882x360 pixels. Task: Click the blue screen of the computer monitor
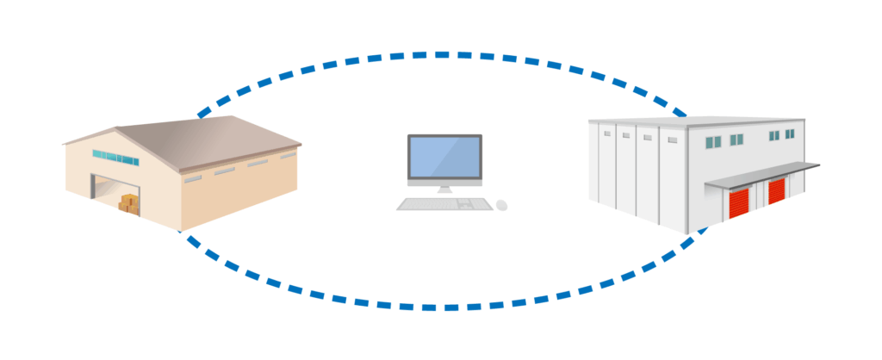[444, 158]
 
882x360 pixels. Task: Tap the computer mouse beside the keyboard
[502, 205]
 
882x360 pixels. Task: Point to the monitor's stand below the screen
[444, 188]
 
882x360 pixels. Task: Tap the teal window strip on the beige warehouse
[115, 158]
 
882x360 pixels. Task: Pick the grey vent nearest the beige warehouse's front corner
[193, 178]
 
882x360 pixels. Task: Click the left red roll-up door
[740, 203]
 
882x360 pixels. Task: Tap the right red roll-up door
[777, 190]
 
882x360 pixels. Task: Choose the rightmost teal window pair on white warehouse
[788, 134]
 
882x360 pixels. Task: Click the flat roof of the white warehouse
[689, 121]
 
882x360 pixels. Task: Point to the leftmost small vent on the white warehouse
[606, 134]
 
